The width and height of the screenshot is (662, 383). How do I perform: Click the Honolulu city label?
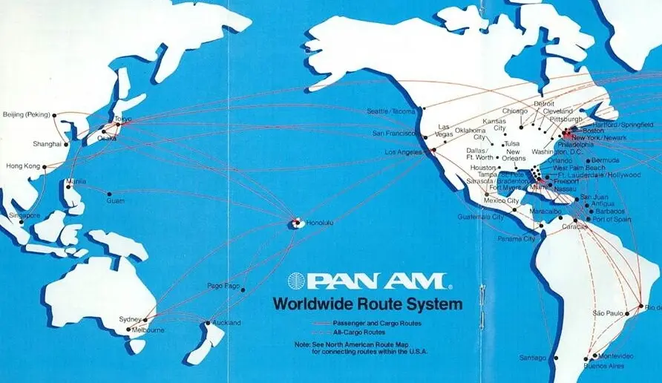point(317,221)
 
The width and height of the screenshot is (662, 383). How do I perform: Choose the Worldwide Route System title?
point(367,304)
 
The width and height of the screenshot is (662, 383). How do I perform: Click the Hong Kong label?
point(22,166)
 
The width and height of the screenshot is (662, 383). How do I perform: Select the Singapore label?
point(24,215)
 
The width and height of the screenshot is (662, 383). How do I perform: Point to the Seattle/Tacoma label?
point(392,111)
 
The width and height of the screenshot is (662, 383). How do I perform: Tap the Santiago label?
point(532,358)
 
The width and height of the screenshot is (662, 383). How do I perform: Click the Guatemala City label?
point(480,217)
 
